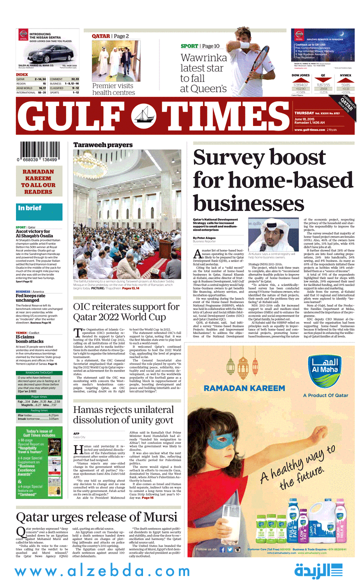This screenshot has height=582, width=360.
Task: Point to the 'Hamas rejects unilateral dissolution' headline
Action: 123,414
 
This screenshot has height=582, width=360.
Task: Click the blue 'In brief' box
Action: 39,211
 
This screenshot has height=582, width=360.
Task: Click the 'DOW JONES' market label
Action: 300,75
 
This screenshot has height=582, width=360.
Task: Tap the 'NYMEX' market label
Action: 345,75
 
